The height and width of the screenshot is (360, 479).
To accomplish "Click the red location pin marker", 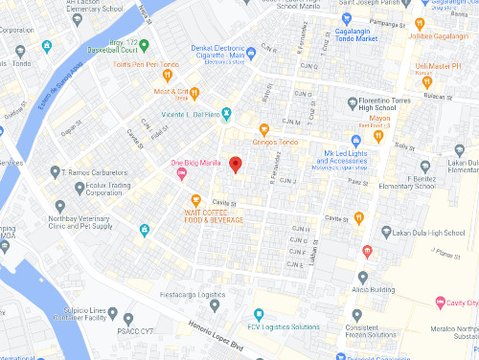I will pyautogui.click(x=236, y=164).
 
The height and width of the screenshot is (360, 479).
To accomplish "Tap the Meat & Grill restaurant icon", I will pyautogui.click(x=194, y=94).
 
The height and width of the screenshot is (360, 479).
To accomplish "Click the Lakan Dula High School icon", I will pyautogui.click(x=385, y=232).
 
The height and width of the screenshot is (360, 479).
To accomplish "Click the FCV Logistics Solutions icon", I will pyautogui.click(x=257, y=315).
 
